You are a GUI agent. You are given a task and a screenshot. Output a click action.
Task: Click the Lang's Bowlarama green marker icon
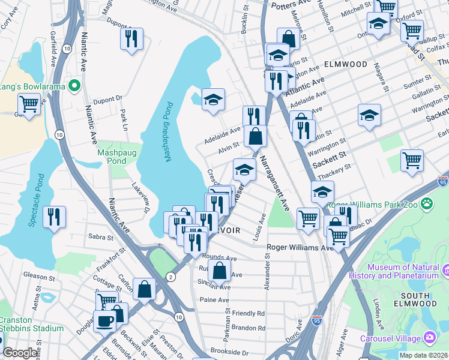(74, 86)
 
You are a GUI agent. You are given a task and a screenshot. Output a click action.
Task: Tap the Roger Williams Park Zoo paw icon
(427, 204)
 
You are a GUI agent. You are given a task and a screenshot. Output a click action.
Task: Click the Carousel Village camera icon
(430, 338)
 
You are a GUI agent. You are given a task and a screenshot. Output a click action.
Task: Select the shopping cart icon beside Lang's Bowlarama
(29, 104)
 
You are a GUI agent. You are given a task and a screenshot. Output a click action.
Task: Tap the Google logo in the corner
(19, 353)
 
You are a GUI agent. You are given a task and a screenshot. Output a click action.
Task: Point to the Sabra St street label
(98, 237)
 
